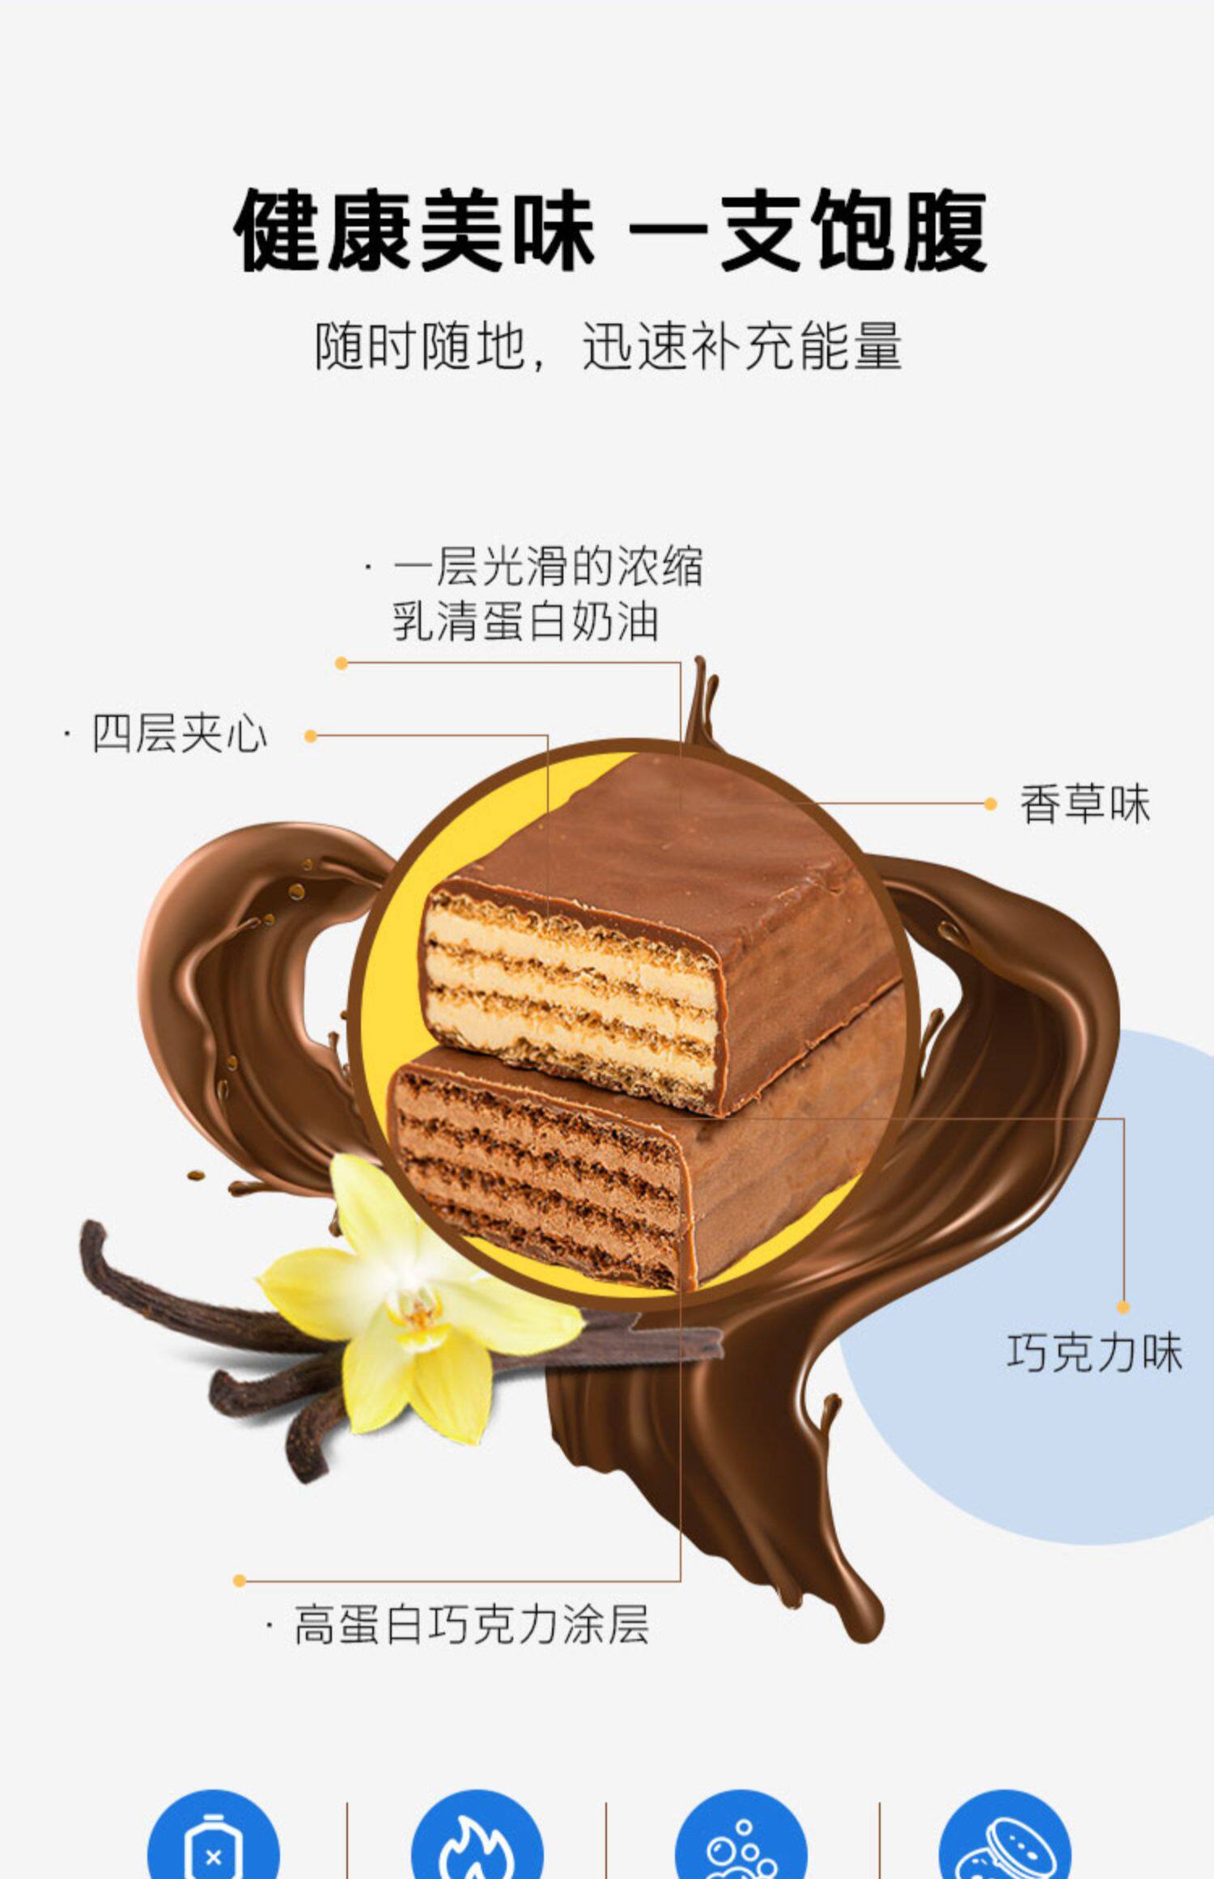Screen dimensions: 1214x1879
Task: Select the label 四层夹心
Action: pos(180,735)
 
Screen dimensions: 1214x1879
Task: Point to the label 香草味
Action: pos(1085,804)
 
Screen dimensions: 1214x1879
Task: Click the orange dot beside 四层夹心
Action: pos(311,736)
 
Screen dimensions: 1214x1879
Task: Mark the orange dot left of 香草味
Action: pos(991,804)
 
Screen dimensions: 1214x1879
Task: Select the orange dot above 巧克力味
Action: pos(1123,1307)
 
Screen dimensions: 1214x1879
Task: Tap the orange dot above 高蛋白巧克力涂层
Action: pos(239,1580)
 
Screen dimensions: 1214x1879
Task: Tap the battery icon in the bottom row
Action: pos(213,1849)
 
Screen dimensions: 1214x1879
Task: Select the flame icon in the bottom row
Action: pos(476,1849)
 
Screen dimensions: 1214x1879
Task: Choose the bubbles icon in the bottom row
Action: pos(741,1849)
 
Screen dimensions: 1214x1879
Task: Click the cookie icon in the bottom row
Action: pos(1004,1849)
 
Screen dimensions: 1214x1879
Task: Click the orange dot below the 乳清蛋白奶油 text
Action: pos(342,664)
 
